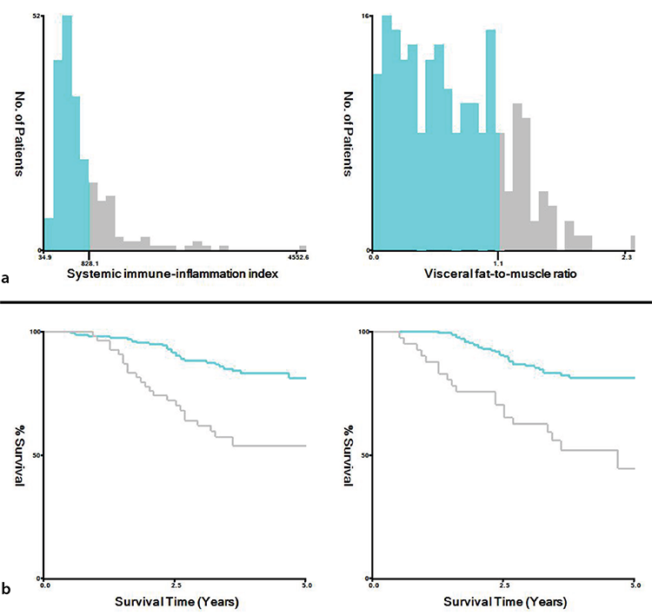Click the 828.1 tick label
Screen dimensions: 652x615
coord(90,258)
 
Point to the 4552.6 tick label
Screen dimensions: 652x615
coord(298,258)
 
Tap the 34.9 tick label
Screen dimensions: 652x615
coord(45,258)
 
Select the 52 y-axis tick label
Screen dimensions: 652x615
coord(37,16)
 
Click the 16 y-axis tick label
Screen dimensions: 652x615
coord(365,16)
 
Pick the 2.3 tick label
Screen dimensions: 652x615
coord(627,258)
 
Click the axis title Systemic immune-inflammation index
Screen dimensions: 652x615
coord(173,274)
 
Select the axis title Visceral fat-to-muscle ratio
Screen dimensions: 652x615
coord(500,274)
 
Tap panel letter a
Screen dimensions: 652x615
coord(5,278)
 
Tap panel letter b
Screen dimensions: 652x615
coord(6,588)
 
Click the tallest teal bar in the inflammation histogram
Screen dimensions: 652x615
coord(67,133)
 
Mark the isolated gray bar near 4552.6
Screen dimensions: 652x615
coord(303,248)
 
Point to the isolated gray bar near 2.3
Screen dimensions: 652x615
coord(633,242)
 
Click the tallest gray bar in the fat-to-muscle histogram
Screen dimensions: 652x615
coord(517,176)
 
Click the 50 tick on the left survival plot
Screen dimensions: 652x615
coord(37,455)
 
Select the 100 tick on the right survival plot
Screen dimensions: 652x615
coord(364,332)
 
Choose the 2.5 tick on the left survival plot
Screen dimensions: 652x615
coord(176,585)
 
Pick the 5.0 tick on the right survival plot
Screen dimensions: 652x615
coord(635,585)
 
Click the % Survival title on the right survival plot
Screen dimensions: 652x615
coord(348,455)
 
